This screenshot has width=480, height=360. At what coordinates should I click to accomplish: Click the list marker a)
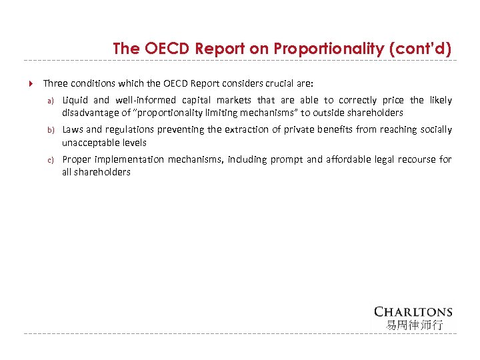tap(49, 101)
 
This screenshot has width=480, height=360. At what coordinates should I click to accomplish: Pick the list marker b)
tap(49, 130)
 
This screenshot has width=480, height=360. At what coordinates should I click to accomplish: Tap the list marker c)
tap(49, 159)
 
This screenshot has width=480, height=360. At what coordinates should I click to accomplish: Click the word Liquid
tap(75, 100)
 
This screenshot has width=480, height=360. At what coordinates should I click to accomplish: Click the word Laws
tap(73, 129)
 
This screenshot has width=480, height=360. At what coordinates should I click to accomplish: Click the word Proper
tap(77, 159)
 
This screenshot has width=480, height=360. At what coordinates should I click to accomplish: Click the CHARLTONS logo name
tap(413, 312)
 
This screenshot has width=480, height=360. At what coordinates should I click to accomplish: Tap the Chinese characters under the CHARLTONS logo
tap(413, 325)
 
